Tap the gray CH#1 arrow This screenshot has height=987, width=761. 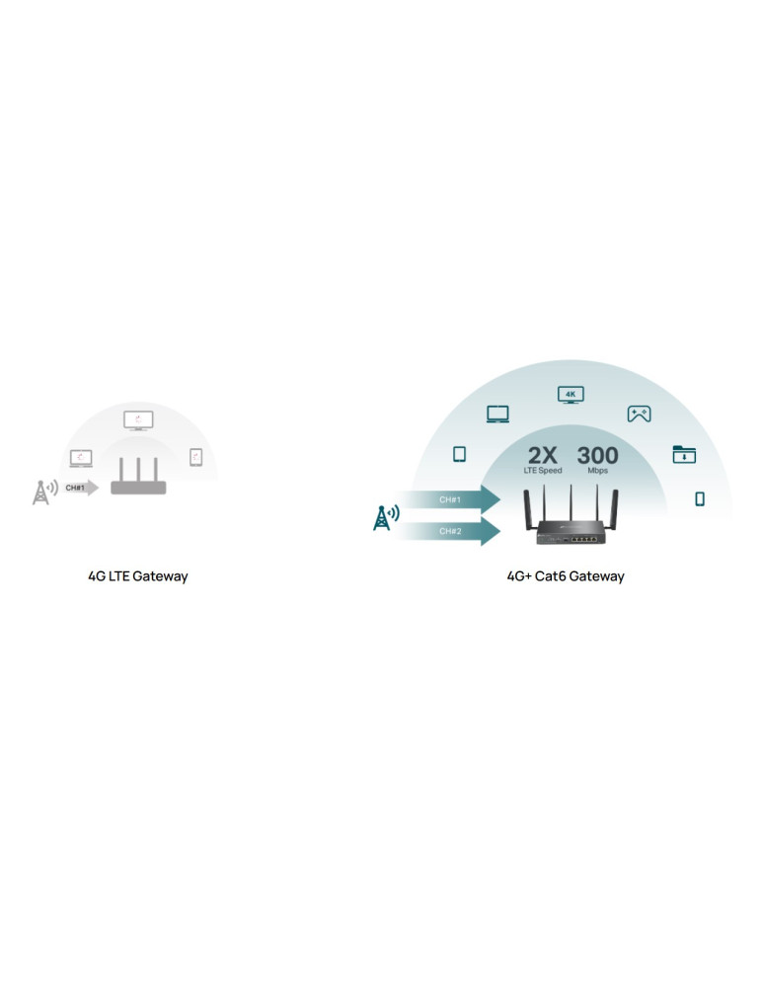point(81,488)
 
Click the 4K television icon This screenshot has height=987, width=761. point(571,395)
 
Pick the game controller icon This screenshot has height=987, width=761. point(639,415)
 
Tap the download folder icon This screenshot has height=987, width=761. point(684,455)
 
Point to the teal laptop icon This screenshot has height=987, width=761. point(497,415)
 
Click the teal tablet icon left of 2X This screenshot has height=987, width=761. point(459,455)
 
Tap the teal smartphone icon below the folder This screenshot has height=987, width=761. point(700,499)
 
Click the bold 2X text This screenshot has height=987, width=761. point(543,455)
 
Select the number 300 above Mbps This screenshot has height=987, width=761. point(597,455)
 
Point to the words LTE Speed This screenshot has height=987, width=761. point(543,471)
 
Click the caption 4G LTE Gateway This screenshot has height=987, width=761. point(138,576)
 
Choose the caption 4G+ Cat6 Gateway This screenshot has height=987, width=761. point(566,576)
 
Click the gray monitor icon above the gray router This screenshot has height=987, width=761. point(138,420)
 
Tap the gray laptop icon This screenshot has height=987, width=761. point(81,458)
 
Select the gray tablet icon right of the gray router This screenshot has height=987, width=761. point(196,457)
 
